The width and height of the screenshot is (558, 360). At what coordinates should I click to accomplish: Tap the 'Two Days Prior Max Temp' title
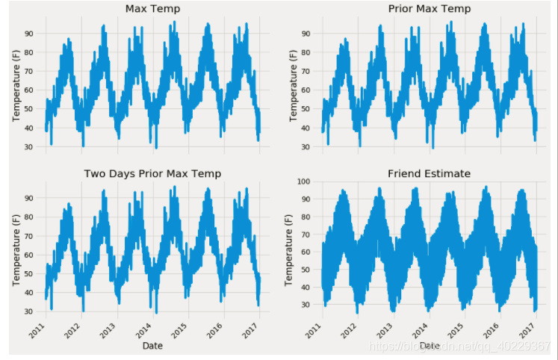click(152, 173)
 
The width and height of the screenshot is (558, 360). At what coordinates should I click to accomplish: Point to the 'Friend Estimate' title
click(429, 173)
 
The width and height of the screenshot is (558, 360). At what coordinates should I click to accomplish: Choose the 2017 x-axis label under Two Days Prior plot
click(251, 331)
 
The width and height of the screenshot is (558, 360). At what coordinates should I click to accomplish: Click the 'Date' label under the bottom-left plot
click(152, 346)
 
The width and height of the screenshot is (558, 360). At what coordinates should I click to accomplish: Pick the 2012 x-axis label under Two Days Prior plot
click(72, 331)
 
